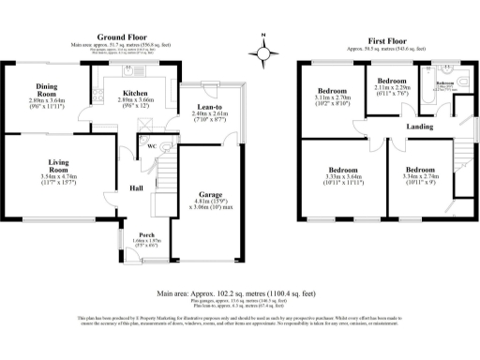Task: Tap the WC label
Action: click(x=149, y=144)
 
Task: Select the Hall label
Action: click(x=134, y=187)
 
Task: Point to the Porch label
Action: click(x=146, y=234)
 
